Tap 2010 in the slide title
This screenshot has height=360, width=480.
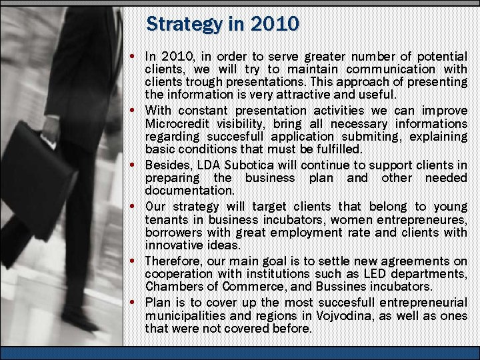point(275,25)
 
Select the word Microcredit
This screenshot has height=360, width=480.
point(177,123)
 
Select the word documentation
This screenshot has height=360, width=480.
point(189,190)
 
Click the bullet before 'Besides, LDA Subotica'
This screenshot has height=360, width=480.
point(135,165)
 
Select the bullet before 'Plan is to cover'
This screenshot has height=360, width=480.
point(135,302)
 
